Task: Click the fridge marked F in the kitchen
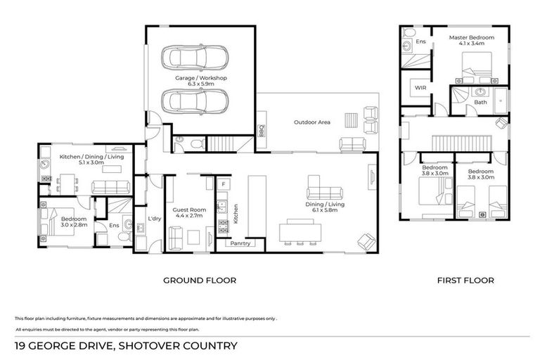[222, 184]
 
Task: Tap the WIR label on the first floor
[420, 88]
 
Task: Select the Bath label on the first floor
[480, 102]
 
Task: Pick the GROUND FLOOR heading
[200, 280]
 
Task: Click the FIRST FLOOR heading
[465, 280]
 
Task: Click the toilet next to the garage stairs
[196, 143]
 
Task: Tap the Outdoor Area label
[311, 122]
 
